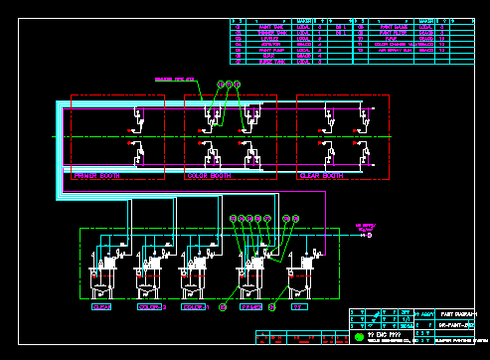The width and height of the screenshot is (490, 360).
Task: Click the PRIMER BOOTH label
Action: (96, 175)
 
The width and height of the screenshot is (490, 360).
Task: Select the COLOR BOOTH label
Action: (209, 175)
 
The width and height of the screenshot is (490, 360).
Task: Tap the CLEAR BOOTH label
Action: (321, 175)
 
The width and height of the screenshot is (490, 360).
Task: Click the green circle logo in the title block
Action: (359, 337)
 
